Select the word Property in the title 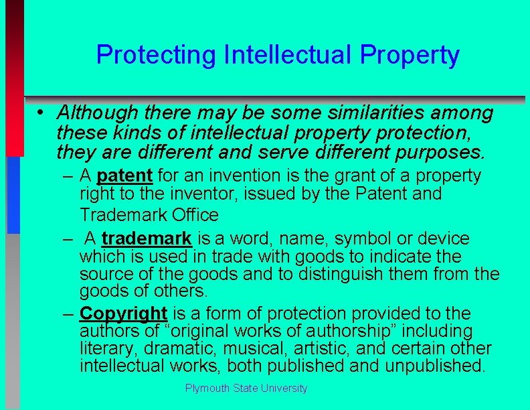[x=409, y=55]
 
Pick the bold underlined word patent [x=125, y=176]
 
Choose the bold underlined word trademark [x=147, y=238]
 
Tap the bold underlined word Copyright [x=123, y=313]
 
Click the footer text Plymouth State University [x=246, y=389]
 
